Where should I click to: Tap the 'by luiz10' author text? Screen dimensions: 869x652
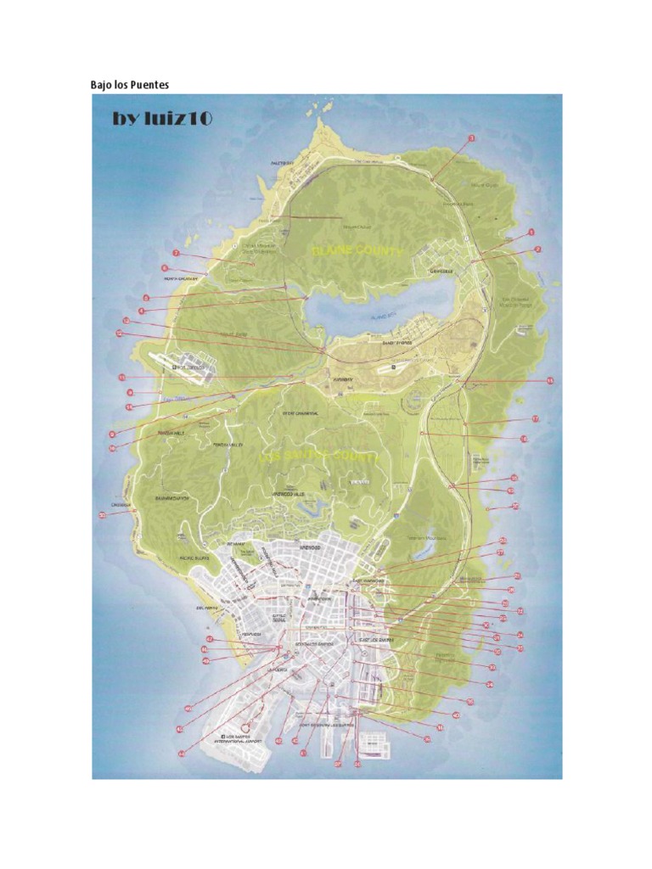tap(162, 119)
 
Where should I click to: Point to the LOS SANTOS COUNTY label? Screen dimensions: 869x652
tap(319, 457)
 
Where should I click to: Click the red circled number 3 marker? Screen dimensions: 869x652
tap(472, 137)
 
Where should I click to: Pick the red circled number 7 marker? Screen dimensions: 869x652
tap(176, 253)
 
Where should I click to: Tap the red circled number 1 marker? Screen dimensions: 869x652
tap(531, 232)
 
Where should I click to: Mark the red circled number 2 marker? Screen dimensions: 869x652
tap(537, 249)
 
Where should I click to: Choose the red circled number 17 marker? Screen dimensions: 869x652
tap(536, 419)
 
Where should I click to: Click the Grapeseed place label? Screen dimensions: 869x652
tap(441, 272)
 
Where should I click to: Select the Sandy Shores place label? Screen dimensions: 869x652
tap(396, 343)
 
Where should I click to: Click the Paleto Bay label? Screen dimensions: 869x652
tap(281, 162)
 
